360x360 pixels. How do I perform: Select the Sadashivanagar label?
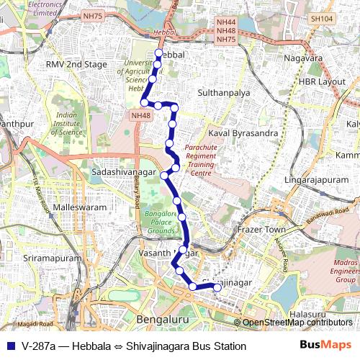click(125, 173)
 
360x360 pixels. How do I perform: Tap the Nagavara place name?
click(302, 57)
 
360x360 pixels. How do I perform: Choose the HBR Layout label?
click(321, 81)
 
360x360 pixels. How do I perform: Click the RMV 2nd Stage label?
click(76, 64)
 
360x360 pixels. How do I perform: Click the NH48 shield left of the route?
click(140, 114)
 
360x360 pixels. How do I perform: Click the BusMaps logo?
click(325, 346)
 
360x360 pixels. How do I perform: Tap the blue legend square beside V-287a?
click(10, 346)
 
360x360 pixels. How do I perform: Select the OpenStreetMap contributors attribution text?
click(297, 323)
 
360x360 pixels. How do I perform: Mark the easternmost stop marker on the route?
click(218, 288)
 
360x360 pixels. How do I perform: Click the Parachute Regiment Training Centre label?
click(200, 159)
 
